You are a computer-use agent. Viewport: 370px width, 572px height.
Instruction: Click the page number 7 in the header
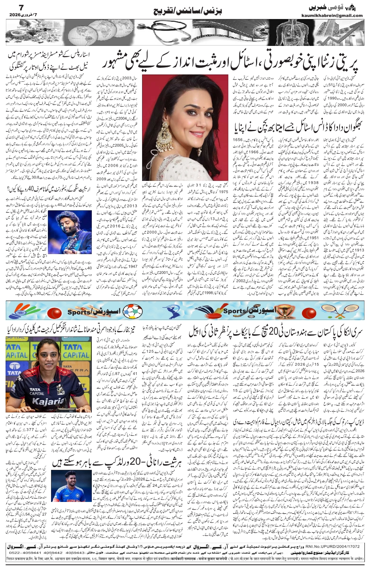(11, 7)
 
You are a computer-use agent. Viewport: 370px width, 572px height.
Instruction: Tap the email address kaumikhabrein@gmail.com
(336, 16)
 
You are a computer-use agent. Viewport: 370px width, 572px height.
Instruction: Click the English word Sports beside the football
(81, 312)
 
